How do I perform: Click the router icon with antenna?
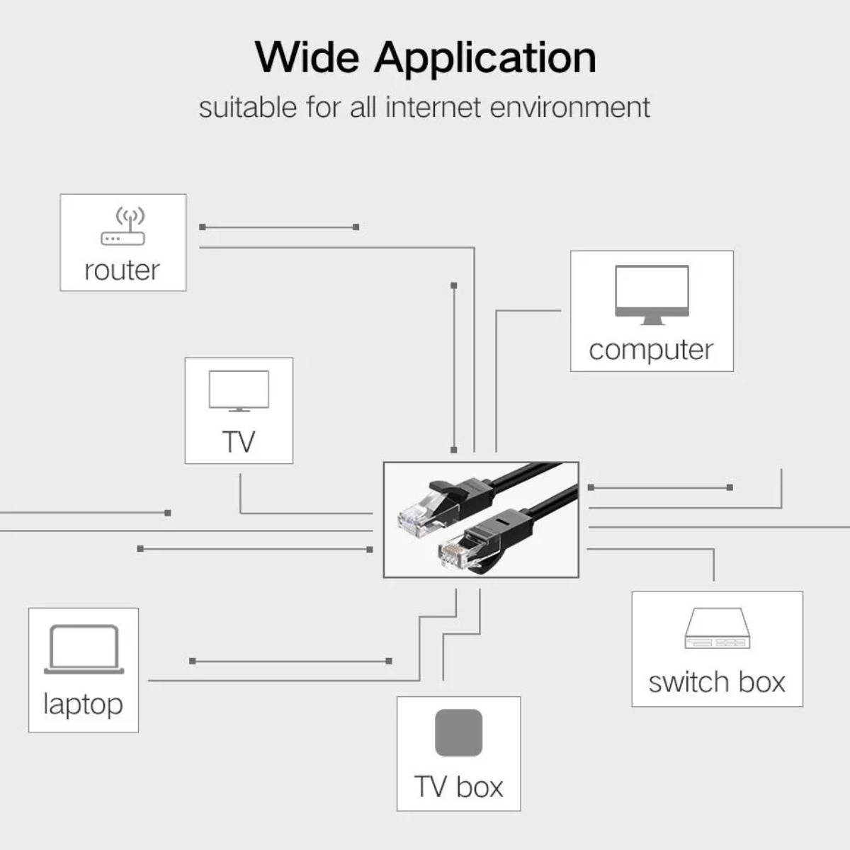(123, 227)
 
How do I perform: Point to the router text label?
(122, 270)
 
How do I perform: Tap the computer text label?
(651, 350)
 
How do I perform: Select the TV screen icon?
(239, 390)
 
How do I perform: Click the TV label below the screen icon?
(239, 442)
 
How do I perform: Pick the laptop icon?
(84, 649)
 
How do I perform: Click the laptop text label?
(83, 704)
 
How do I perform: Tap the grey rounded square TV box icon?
(458, 733)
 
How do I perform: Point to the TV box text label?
(458, 787)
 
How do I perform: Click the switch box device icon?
(716, 628)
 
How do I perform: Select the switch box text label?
(717, 682)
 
